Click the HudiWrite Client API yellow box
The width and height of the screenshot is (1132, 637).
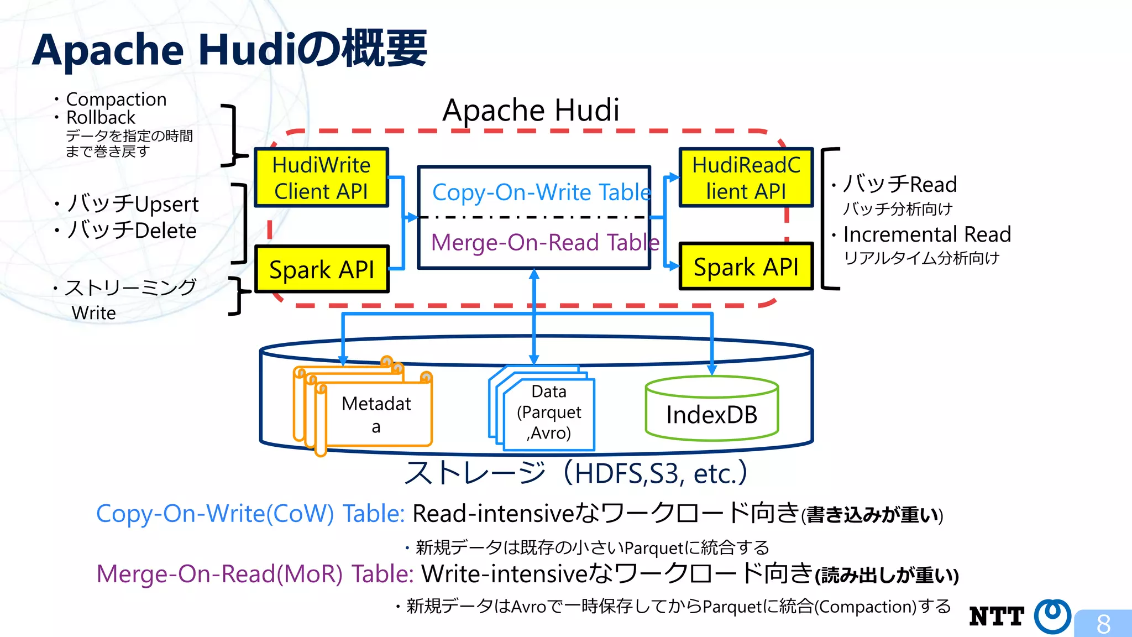click(321, 177)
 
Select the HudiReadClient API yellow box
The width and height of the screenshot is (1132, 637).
click(746, 177)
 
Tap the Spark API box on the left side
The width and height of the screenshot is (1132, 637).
click(321, 269)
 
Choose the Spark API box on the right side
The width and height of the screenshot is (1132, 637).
click(746, 267)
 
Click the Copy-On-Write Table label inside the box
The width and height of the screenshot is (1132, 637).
click(541, 192)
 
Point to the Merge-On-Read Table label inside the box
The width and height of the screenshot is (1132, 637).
click(544, 242)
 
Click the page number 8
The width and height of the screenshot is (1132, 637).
click(1103, 624)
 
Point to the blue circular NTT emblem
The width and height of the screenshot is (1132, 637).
click(1052, 615)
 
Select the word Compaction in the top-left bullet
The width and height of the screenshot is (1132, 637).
click(116, 100)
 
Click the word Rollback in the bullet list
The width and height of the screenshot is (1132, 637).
click(101, 118)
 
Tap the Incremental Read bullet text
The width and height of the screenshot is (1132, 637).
click(927, 234)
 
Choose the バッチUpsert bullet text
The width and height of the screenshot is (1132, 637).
click(133, 204)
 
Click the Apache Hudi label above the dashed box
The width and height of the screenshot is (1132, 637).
click(531, 110)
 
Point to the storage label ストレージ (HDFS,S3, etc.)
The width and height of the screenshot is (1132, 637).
click(575, 473)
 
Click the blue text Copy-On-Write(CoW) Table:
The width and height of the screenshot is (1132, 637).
click(251, 514)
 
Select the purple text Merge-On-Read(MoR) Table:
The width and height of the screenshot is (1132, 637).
click(255, 574)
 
